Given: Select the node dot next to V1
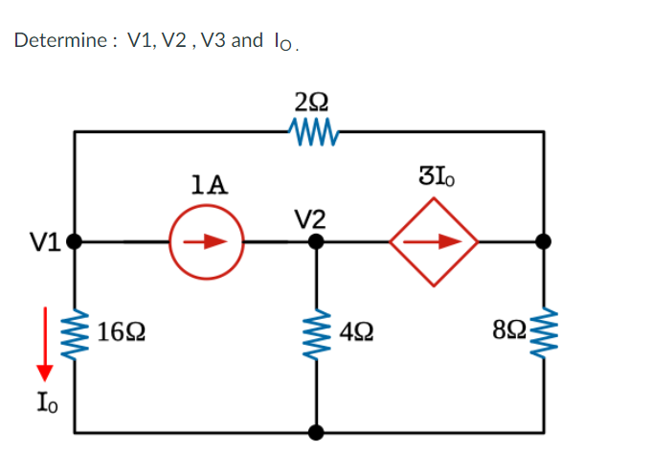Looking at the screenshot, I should point(73,242).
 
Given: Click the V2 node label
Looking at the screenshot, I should point(312,218).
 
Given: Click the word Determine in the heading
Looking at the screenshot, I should point(58,41).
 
